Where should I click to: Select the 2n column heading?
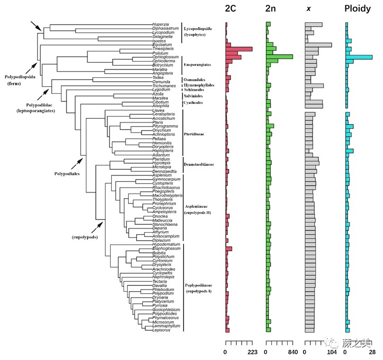272,9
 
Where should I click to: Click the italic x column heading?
308,10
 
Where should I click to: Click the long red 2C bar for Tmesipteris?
238,49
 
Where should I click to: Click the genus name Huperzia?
160,24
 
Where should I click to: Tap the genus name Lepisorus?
161,330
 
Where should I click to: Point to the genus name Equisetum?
161,45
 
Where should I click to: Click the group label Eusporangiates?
198,65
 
